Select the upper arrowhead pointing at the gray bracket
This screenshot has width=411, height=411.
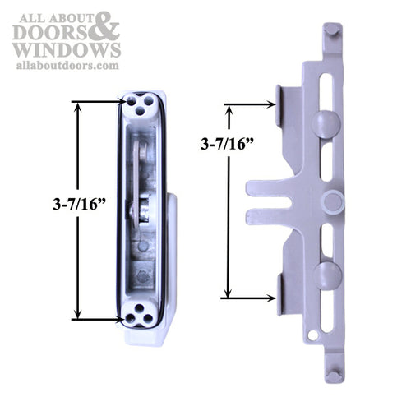[x=270, y=104]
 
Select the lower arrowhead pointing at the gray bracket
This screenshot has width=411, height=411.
[x=270, y=298]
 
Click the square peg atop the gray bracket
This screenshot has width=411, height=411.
[x=331, y=30]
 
